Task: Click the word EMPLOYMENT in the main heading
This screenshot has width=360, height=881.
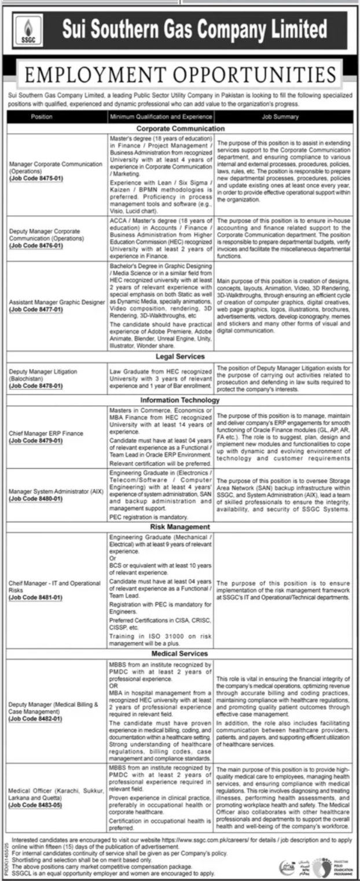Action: click(x=98, y=75)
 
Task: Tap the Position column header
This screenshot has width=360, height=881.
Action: click(x=41, y=117)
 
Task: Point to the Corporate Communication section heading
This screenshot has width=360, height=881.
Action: click(x=180, y=128)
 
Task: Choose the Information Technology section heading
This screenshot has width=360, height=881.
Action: click(x=180, y=400)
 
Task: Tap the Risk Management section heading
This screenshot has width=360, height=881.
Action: click(x=180, y=527)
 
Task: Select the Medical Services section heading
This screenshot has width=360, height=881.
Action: click(x=180, y=654)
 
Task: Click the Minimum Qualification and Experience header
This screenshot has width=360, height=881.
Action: click(x=161, y=117)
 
